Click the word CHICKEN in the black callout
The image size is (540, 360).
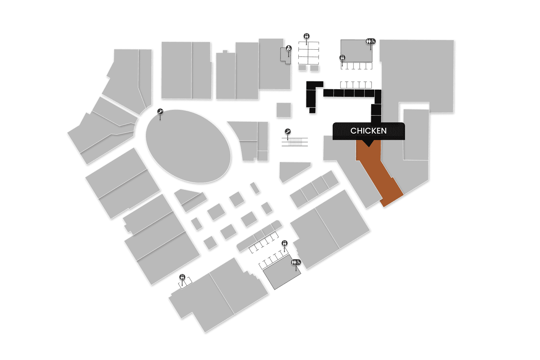coord(368,131)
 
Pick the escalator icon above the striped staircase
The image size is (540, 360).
coord(288,131)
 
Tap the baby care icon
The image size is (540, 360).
coord(289,48)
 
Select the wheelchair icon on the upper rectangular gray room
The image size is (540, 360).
coord(373,41)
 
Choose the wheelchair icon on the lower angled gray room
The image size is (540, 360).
coord(298,262)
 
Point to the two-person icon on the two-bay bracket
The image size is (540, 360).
coord(183,277)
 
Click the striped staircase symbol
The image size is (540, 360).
coord(295,142)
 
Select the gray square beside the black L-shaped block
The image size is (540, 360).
coord(284,110)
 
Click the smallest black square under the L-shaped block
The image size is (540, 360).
coord(312,110)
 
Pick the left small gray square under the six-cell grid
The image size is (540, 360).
coord(302,67)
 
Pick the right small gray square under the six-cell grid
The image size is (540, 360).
coord(314,68)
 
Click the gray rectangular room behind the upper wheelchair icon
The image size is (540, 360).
coord(355,50)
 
